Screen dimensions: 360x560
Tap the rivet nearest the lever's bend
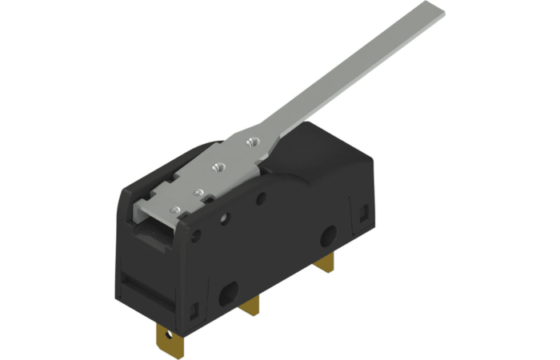tap(252, 142)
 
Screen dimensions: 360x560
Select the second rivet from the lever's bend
tap(215, 167)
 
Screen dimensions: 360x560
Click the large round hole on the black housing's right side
tap(327, 237)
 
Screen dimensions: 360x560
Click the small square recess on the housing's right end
tap(365, 213)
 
